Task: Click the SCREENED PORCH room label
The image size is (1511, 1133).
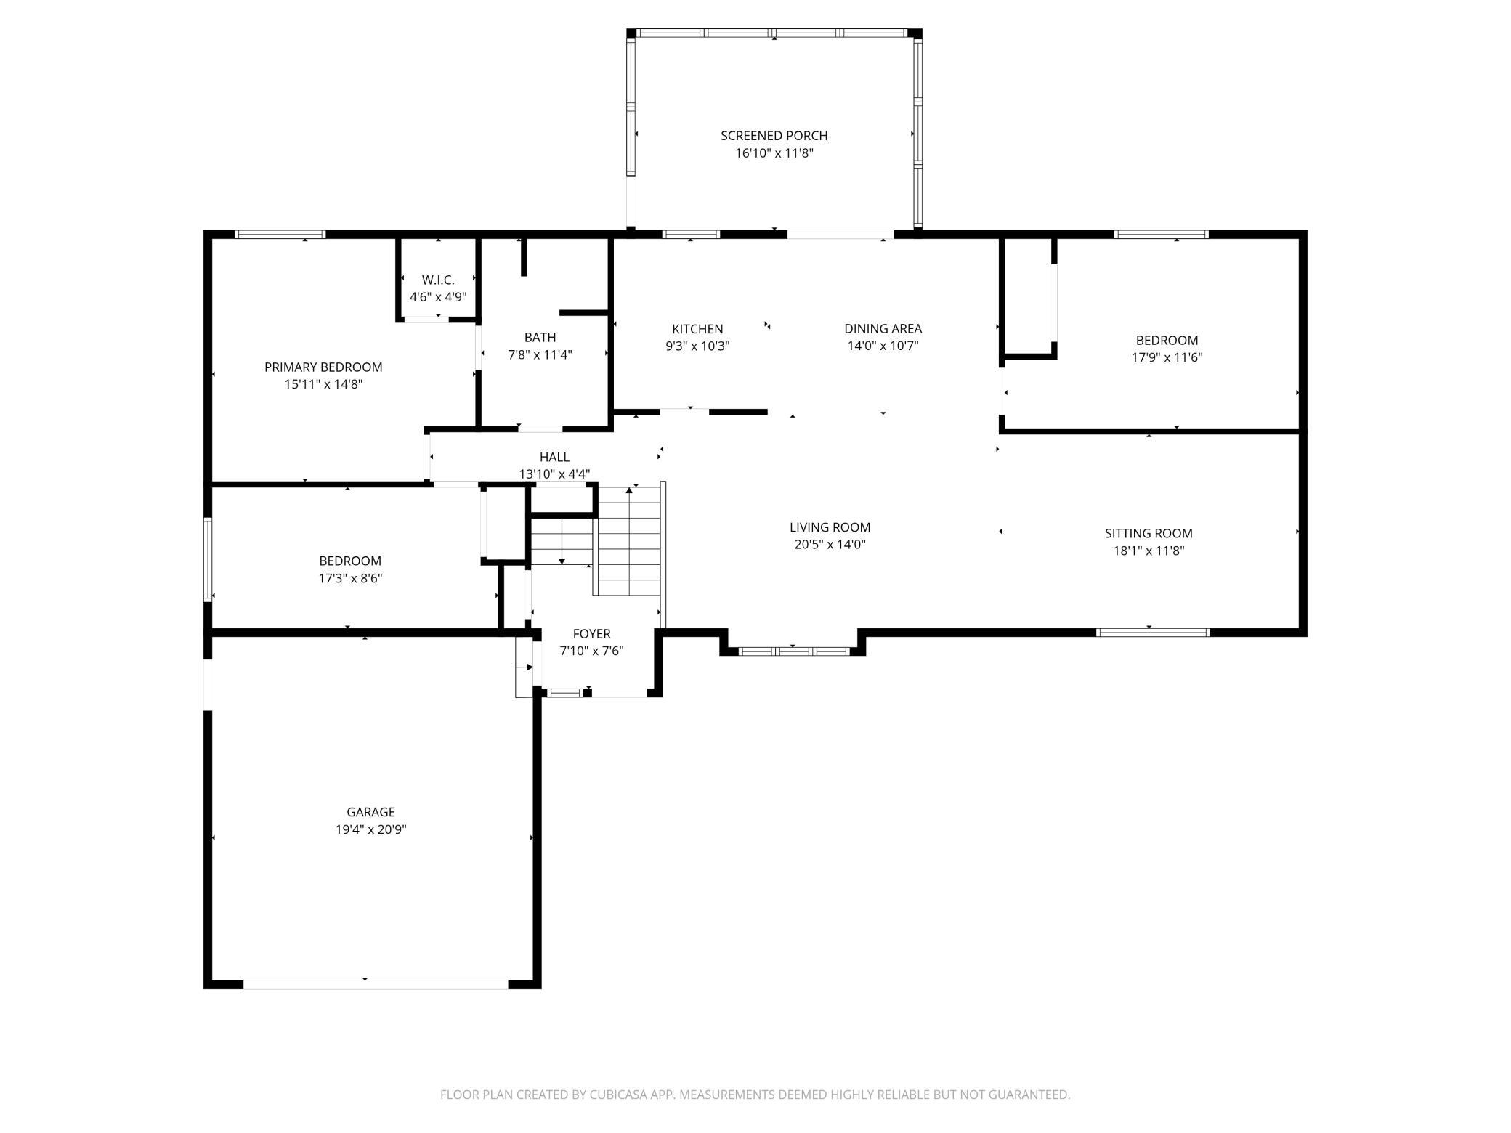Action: tap(774, 136)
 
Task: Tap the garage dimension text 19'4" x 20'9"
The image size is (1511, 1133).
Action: tap(370, 829)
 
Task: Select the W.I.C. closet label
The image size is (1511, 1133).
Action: tap(438, 280)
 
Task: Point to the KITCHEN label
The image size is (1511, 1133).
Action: tap(697, 329)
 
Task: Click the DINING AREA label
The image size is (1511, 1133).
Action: tap(883, 328)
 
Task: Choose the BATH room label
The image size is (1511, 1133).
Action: tap(540, 337)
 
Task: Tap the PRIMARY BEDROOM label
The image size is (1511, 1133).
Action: tap(323, 367)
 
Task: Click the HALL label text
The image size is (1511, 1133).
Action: tap(554, 457)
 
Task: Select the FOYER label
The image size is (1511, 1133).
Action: tap(591, 633)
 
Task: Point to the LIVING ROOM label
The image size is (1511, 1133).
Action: tap(830, 527)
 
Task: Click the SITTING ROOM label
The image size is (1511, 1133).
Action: tap(1149, 533)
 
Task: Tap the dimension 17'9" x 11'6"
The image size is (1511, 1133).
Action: tap(1167, 357)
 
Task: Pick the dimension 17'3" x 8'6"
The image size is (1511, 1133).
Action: tap(350, 578)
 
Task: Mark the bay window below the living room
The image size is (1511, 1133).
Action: tap(793, 651)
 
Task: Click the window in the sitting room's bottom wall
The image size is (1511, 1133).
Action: tap(1153, 633)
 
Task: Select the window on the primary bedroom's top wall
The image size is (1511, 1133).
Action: tap(280, 234)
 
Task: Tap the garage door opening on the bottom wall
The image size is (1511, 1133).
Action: tap(376, 984)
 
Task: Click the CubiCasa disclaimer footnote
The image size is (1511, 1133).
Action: tap(755, 1094)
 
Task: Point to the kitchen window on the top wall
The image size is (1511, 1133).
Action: tap(691, 234)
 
